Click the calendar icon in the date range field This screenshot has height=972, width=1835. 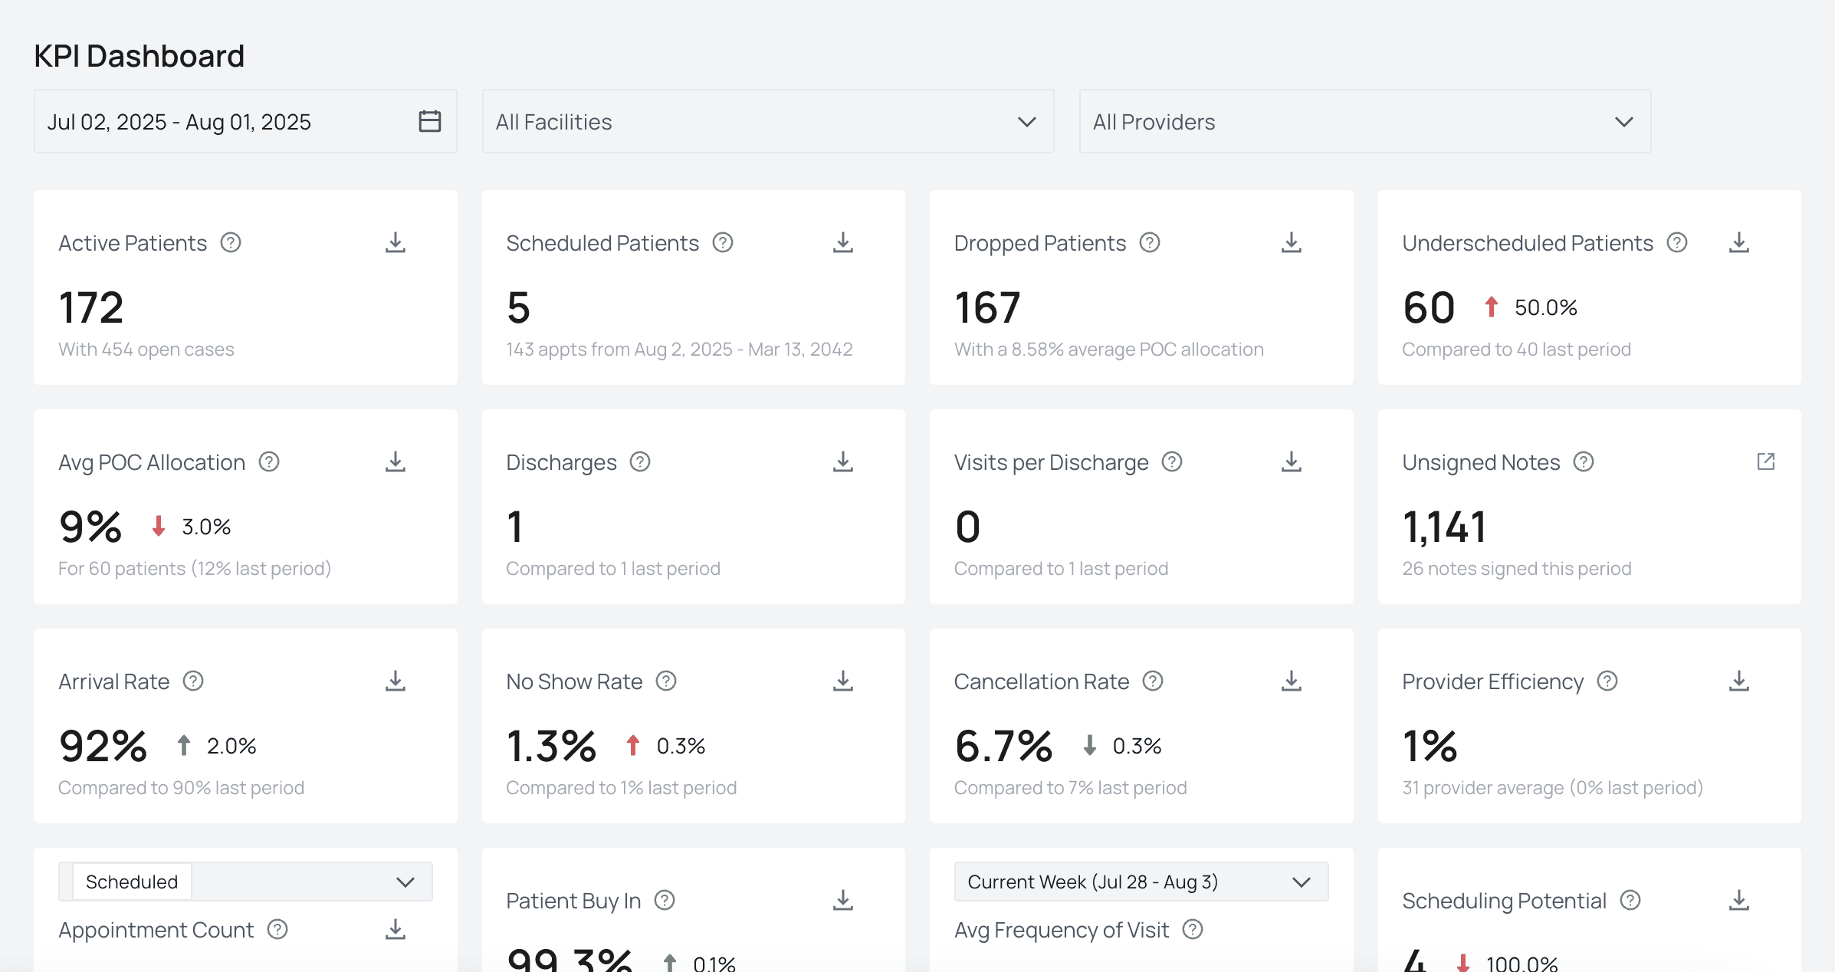point(430,121)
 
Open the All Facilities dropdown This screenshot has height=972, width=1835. point(767,122)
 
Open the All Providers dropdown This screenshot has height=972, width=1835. point(1364,122)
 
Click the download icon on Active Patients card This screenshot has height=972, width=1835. point(396,243)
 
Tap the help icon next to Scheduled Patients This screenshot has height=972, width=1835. point(723,243)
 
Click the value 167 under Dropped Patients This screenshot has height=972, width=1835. point(987,307)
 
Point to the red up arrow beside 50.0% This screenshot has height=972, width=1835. point(1491,307)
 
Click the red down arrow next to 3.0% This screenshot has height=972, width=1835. point(159,527)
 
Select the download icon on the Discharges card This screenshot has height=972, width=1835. point(843,462)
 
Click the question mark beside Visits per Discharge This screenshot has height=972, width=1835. point(1172,462)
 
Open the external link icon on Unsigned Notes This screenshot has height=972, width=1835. point(1766,461)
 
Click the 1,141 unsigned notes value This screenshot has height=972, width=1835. point(1444,527)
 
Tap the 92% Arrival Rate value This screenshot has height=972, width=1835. point(103,746)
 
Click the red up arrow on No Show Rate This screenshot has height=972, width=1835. point(632,745)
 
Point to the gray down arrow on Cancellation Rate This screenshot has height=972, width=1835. point(1089,745)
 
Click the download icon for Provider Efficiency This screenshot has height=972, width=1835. point(1739,681)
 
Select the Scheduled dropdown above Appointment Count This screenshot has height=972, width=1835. point(245,882)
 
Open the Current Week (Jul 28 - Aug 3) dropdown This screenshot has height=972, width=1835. point(1141,882)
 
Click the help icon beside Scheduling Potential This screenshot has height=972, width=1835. point(1630,901)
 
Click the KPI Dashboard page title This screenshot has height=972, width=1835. point(139,56)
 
